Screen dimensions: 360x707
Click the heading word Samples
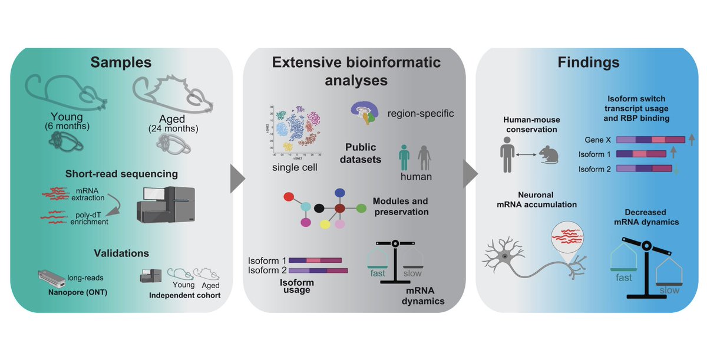pyautogui.click(x=121, y=62)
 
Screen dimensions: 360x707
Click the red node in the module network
pyautogui.click(x=289, y=197)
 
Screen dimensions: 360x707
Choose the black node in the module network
pyautogui.click(x=319, y=208)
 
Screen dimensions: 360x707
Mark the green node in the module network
pyautogui.click(x=362, y=208)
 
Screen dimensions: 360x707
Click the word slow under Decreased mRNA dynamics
pyautogui.click(x=668, y=290)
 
